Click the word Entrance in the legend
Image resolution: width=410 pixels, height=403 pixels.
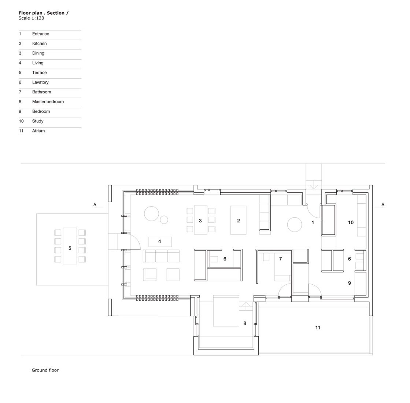click(x=40, y=34)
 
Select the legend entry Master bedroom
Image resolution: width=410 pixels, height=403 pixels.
click(x=48, y=101)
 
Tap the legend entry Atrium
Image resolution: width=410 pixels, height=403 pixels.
click(x=38, y=131)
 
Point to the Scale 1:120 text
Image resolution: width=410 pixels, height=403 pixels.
click(x=31, y=18)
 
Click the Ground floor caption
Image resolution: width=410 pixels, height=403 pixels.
click(x=45, y=370)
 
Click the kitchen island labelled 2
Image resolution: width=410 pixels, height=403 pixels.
click(x=238, y=220)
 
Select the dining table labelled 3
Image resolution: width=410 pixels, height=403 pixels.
click(x=200, y=220)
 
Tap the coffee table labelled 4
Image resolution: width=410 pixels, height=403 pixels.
click(x=160, y=241)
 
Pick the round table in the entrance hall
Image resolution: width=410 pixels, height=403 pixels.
click(x=294, y=225)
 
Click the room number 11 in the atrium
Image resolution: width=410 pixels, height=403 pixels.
click(x=318, y=328)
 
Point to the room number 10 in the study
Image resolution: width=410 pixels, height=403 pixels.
click(x=351, y=222)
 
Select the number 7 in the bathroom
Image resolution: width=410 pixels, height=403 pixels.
click(x=281, y=259)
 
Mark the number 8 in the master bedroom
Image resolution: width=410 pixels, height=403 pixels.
click(x=245, y=323)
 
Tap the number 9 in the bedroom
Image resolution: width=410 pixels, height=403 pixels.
click(x=350, y=283)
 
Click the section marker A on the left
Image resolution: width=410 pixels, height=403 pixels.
click(x=95, y=204)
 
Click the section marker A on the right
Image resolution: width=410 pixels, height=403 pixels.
click(x=383, y=204)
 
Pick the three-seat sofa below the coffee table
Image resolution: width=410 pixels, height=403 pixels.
click(x=161, y=256)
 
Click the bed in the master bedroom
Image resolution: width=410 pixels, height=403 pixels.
click(x=226, y=311)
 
